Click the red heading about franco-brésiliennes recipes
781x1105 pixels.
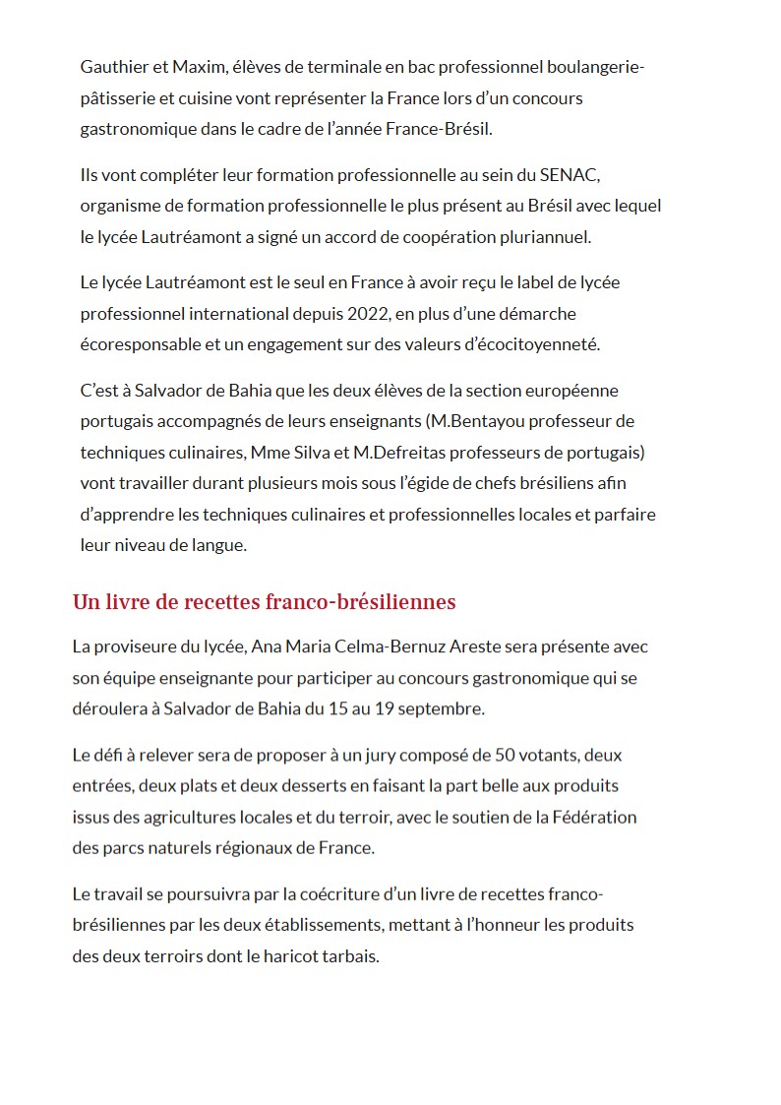pyautogui.click(x=264, y=602)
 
